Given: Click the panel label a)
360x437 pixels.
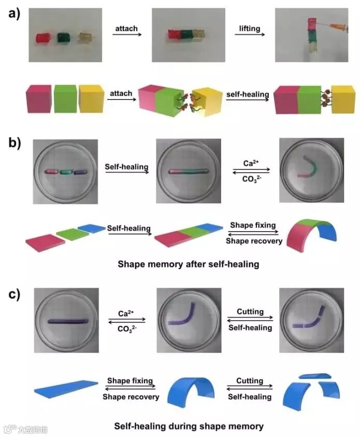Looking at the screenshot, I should pyautogui.click(x=13, y=14).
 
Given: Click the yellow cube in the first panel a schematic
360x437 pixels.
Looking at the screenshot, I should pyautogui.click(x=91, y=99).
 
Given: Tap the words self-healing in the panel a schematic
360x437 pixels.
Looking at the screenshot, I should pyautogui.click(x=247, y=95).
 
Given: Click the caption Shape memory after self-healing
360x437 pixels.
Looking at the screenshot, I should pyautogui.click(x=189, y=264).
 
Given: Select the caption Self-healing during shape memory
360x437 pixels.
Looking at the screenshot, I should pyautogui.click(x=189, y=427).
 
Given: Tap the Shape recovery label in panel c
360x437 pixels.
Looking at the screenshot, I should pyautogui.click(x=131, y=397).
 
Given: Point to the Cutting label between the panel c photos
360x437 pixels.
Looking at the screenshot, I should pyautogui.click(x=250, y=312).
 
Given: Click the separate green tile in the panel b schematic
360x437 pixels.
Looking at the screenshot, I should pyautogui.click(x=73, y=234).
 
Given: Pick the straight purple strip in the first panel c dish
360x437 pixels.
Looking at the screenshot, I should pyautogui.click(x=68, y=321).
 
